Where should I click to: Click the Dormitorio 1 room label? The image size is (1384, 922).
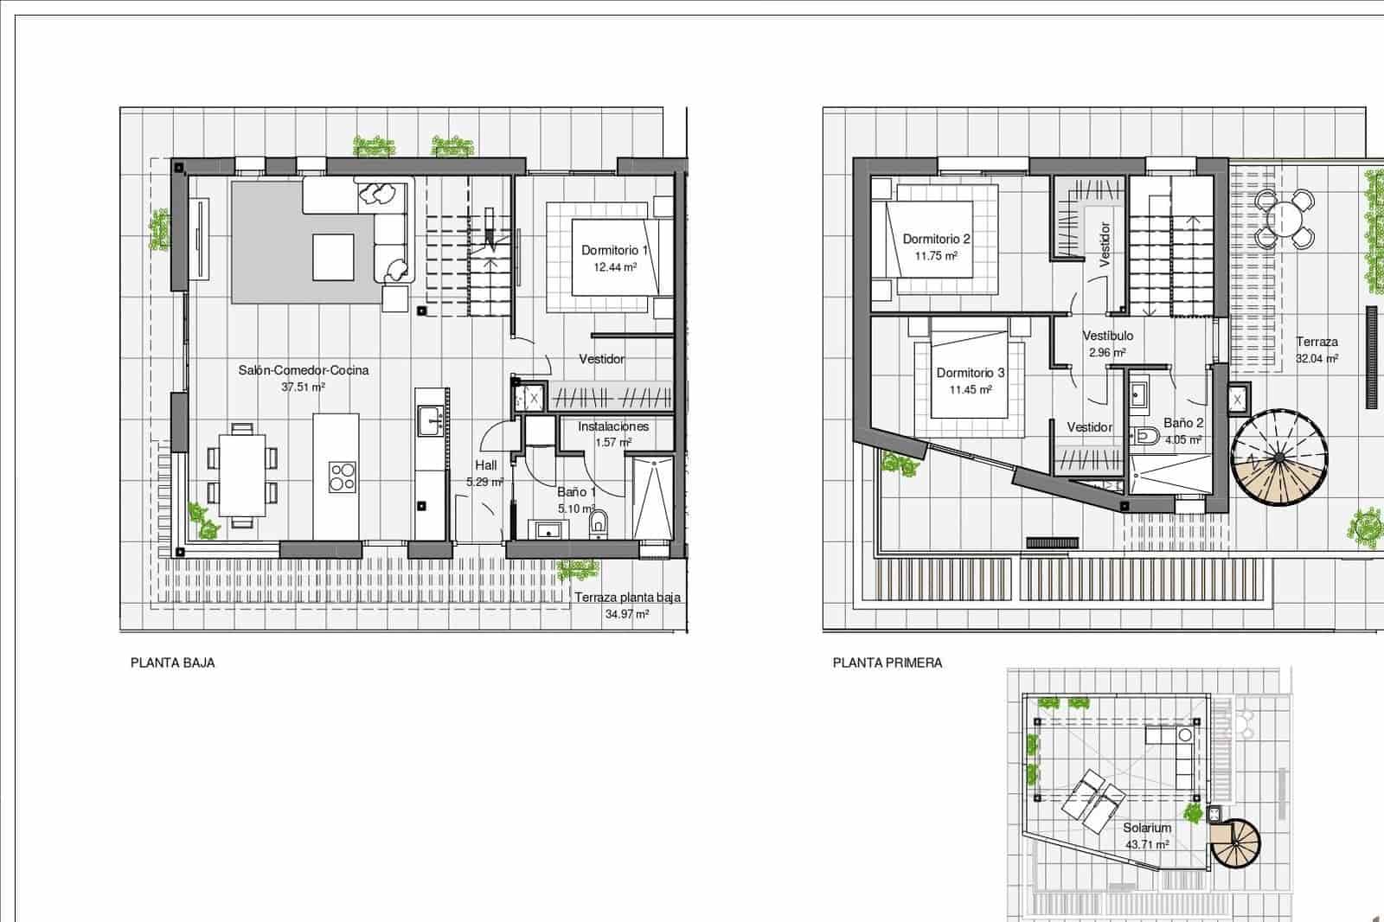point(614,250)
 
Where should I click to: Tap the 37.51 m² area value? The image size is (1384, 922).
point(303,387)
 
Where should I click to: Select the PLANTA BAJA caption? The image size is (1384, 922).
point(172,663)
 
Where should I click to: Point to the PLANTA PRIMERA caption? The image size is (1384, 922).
point(887,663)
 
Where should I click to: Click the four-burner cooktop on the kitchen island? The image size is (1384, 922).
point(343,477)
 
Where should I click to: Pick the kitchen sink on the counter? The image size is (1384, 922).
point(430,421)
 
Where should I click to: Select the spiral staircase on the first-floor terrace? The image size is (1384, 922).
point(1278,458)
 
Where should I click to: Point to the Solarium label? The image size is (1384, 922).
point(1147,828)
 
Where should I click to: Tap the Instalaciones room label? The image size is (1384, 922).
point(613,426)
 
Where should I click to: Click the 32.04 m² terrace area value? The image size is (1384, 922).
point(1317,358)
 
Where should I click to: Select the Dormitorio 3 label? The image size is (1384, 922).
point(970,373)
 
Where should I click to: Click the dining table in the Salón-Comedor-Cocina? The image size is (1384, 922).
point(242,475)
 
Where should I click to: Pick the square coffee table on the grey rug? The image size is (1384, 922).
point(333,257)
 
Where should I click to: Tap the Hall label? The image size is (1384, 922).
point(485,466)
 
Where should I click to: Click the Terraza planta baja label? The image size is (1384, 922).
point(627,598)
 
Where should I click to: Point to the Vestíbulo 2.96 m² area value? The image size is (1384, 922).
point(1107,353)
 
